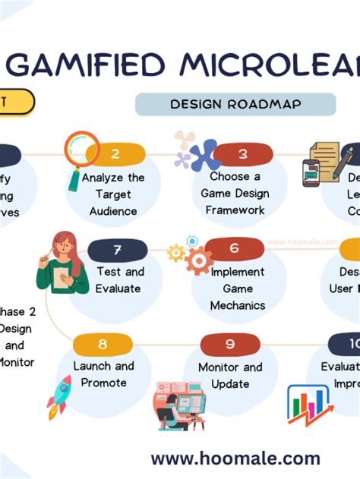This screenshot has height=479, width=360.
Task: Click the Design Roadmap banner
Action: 235,104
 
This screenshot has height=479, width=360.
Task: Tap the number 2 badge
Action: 115,154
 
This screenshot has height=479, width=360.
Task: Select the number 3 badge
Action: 243,154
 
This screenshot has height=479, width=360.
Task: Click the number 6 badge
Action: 234,248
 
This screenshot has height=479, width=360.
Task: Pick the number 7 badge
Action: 117,249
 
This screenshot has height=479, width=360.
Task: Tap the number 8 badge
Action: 103,344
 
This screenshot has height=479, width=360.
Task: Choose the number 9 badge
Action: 230,344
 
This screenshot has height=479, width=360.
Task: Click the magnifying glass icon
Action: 81,154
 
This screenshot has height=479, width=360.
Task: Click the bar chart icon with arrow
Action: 308,404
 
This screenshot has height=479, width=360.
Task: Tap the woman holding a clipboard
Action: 62,263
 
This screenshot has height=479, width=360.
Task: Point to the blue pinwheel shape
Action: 203,156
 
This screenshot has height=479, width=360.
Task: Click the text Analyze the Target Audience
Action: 113,194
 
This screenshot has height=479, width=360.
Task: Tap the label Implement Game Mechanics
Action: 238,288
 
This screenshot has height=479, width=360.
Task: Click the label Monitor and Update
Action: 230,376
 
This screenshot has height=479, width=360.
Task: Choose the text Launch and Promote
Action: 103,374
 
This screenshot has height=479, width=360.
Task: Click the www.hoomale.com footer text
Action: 235,459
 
